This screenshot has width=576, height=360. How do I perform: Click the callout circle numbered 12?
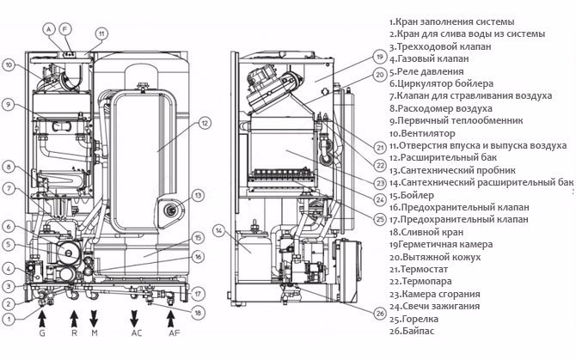(205, 124)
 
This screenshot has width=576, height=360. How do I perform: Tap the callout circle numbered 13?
(199, 196)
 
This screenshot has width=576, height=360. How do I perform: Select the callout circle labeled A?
(50, 27)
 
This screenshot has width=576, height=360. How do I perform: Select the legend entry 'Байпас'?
(417, 330)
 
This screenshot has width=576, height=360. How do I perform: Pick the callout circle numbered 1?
(8, 319)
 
